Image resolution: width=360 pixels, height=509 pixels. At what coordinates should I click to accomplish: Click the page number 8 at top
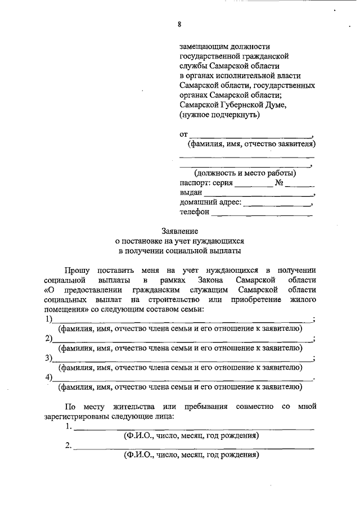tap(179, 24)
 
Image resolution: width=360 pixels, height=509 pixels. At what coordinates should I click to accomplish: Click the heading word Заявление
tap(179, 231)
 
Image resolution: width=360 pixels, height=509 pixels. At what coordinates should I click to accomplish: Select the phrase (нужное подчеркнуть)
tap(219, 115)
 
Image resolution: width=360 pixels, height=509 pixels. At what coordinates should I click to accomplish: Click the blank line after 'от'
tap(251, 137)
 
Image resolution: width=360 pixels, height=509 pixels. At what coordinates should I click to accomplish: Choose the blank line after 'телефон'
tap(262, 214)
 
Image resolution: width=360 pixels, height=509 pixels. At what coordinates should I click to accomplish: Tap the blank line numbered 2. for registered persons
tap(194, 448)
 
